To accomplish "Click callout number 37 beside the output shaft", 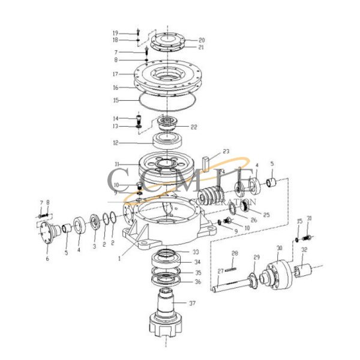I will pos(192,303).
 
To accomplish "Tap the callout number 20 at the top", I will pos(185,40).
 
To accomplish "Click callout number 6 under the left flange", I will pos(48,259).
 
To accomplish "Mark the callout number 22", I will pos(193,127).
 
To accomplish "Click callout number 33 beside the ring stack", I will pos(196,252).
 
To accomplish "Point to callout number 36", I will pos(198,281).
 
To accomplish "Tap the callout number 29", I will pos(256,257).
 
